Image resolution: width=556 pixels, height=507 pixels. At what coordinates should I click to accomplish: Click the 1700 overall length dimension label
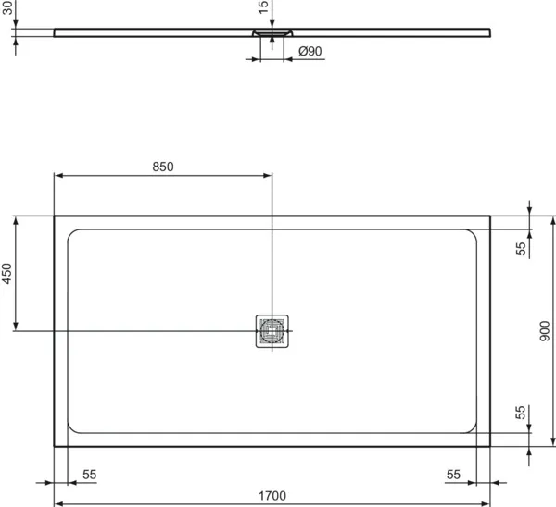(272, 495)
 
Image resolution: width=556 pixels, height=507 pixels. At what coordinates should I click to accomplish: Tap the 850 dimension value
(162, 167)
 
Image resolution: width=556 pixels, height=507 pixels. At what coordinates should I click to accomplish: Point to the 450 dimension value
(7, 274)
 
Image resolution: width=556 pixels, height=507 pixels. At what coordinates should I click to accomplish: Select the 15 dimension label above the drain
(264, 7)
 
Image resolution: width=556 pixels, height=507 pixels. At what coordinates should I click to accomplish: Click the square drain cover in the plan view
(272, 330)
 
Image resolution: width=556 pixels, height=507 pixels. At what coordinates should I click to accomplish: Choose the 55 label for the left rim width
(89, 474)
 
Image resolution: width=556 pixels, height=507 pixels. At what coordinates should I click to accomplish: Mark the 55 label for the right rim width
(452, 474)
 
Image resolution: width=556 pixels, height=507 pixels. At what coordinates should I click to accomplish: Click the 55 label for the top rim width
(521, 248)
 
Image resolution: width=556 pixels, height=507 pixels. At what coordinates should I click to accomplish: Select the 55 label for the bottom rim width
(521, 412)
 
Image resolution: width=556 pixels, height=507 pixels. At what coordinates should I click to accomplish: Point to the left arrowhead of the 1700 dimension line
(57, 504)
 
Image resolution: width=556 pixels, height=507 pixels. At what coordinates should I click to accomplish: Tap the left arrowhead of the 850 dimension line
(57, 175)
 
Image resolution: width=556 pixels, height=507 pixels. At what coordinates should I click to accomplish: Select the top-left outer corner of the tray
(55, 216)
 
